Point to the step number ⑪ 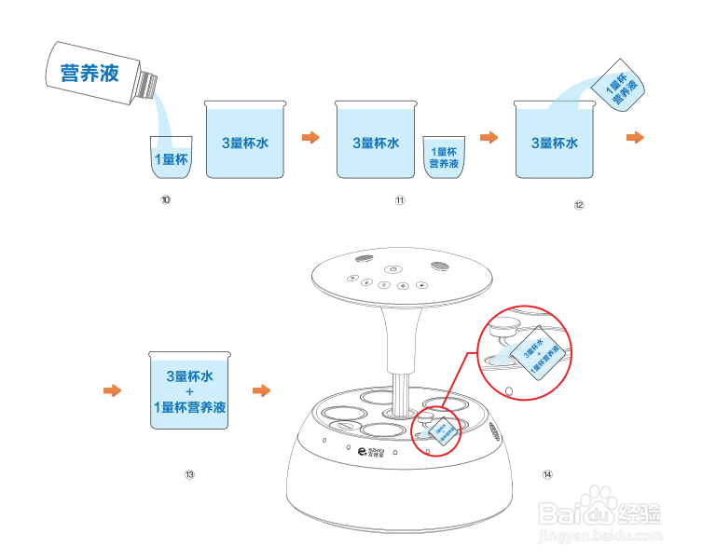400,199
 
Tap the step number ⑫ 578,206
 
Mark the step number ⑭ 547,473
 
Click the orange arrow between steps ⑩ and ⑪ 310,138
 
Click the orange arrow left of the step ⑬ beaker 112,389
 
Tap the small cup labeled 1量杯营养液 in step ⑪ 443,157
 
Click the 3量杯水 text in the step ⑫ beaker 555,143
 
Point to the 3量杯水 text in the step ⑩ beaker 245,143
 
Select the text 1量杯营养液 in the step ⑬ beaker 190,407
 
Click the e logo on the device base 362,452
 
